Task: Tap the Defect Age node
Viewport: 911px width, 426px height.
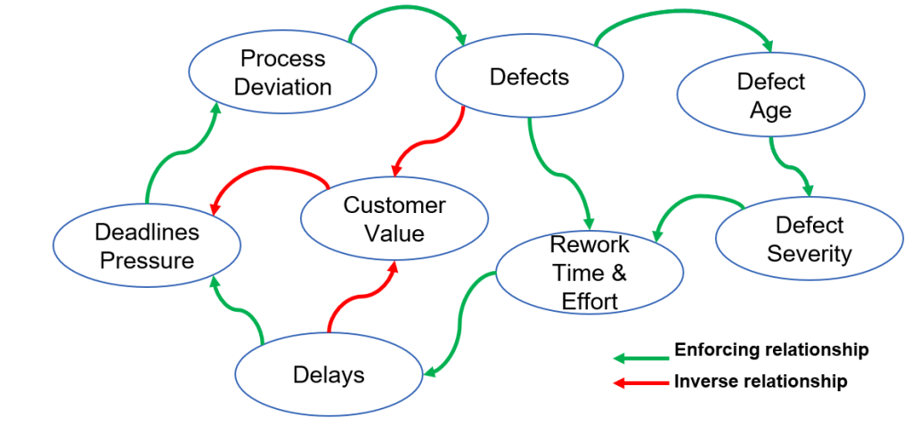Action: (x=770, y=95)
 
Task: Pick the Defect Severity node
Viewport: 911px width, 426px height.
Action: (x=809, y=239)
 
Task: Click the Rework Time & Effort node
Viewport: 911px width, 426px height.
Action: (x=589, y=273)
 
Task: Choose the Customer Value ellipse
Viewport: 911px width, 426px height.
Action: (x=394, y=219)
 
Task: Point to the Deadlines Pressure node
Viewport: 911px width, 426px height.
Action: (x=147, y=246)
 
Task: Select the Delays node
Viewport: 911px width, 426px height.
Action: (x=329, y=374)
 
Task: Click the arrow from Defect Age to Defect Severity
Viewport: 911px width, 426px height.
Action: (x=789, y=165)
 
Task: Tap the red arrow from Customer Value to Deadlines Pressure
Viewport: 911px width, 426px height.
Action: (x=267, y=168)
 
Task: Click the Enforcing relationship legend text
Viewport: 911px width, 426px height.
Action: (x=771, y=349)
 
